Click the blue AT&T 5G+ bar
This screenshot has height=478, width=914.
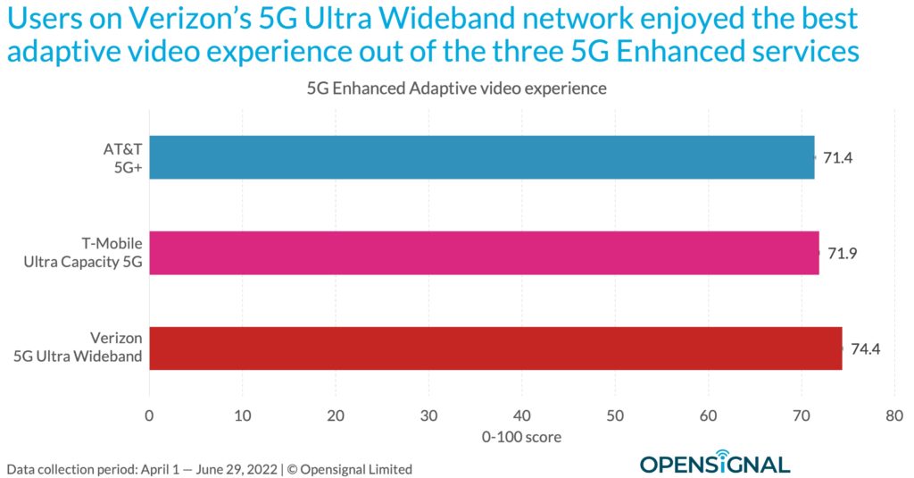[x=482, y=157]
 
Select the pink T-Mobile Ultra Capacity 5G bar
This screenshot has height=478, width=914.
[x=484, y=253]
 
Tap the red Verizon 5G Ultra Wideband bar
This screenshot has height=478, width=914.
[x=495, y=348]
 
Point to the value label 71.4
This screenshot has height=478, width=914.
[x=838, y=157]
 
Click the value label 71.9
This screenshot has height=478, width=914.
[x=843, y=253]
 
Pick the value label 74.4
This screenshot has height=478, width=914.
[x=866, y=348]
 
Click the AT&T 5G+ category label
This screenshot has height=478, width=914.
[x=122, y=157]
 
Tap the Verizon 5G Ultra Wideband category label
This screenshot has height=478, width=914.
[x=92, y=348]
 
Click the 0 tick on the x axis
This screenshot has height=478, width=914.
[x=149, y=415]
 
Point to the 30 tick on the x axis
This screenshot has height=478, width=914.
[x=428, y=415]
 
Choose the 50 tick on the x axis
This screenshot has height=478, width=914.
[x=615, y=415]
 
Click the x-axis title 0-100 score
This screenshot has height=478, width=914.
[x=521, y=437]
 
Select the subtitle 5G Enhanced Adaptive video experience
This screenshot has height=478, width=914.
[x=456, y=89]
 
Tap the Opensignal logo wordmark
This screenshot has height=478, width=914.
[x=714, y=465]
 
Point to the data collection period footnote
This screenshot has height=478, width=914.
[x=210, y=468]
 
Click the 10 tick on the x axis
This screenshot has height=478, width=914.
[x=242, y=415]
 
